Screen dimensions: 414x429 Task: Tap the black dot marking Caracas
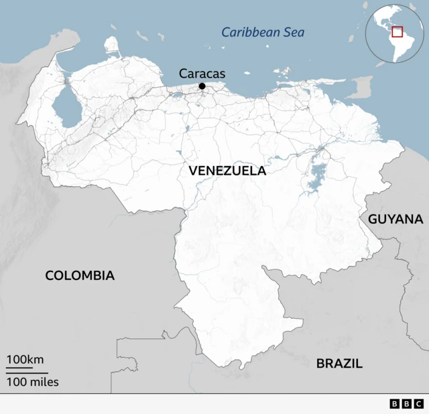pyautogui.click(x=202, y=86)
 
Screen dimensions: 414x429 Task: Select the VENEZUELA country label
pyautogui.click(x=227, y=171)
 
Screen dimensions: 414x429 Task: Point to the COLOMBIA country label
pyautogui.click(x=80, y=275)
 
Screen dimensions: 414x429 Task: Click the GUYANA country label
pyautogui.click(x=395, y=219)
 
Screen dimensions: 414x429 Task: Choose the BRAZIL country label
pyautogui.click(x=339, y=364)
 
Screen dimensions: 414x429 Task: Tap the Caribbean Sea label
pyautogui.click(x=263, y=31)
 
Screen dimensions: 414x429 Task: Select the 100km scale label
pyautogui.click(x=25, y=360)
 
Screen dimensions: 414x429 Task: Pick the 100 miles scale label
pyautogui.click(x=33, y=383)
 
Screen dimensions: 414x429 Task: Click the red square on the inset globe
pyautogui.click(x=397, y=31)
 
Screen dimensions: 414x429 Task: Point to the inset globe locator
pyautogui.click(x=395, y=33)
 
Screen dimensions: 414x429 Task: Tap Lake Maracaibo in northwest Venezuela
pyautogui.click(x=65, y=105)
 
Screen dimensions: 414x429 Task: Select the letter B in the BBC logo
pyautogui.click(x=394, y=404)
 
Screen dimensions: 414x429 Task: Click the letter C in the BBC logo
pyautogui.click(x=418, y=404)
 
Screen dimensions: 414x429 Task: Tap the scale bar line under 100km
pyautogui.click(x=19, y=368)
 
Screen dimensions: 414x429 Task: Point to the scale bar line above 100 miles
pyautogui.click(x=27, y=372)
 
